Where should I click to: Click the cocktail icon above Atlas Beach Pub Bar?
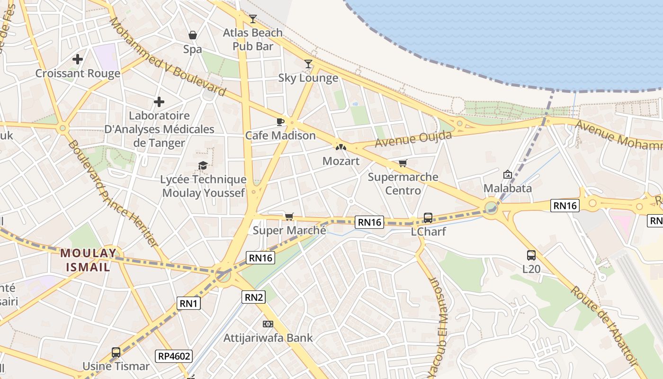(x=253, y=19)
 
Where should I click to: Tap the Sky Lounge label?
(x=308, y=78)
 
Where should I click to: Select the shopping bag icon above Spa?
(x=193, y=35)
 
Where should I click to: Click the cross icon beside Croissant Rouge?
(x=78, y=59)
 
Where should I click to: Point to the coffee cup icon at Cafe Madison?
(x=280, y=122)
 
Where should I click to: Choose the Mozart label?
(x=341, y=161)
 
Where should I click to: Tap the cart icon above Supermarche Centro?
(x=403, y=163)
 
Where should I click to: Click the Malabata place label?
(x=508, y=188)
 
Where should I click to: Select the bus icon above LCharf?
(x=428, y=218)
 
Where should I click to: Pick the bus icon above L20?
(x=531, y=255)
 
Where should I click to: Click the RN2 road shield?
(x=254, y=297)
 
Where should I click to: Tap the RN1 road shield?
(x=188, y=303)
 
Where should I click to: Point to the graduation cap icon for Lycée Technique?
(x=203, y=165)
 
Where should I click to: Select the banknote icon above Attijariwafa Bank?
(x=268, y=324)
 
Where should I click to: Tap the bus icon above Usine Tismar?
(x=116, y=352)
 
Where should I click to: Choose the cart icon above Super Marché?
(x=289, y=217)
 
